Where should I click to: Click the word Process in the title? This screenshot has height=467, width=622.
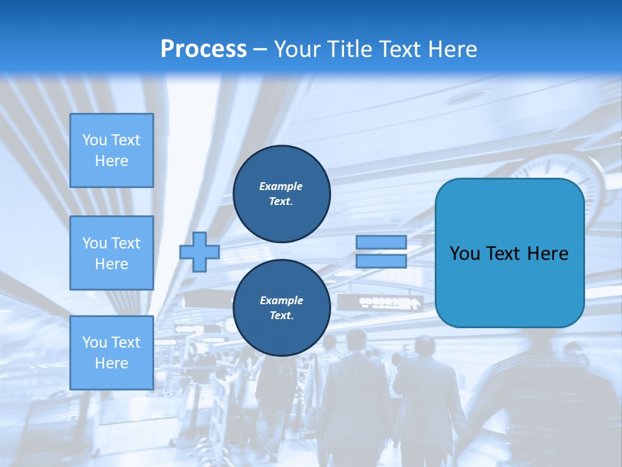(x=203, y=49)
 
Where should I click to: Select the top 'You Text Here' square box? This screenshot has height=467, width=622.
(x=111, y=150)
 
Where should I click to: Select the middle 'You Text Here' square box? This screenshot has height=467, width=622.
(x=111, y=253)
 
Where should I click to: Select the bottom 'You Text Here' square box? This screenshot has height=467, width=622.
(x=111, y=353)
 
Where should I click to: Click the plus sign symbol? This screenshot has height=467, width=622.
(x=200, y=252)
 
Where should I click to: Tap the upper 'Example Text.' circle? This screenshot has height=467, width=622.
(x=282, y=194)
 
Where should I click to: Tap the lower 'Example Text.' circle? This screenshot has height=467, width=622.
(x=282, y=308)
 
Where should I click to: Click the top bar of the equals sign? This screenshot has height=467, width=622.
(x=381, y=243)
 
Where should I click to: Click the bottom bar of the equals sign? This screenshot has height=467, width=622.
(x=381, y=261)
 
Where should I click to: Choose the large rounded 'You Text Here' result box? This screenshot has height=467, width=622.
(x=509, y=253)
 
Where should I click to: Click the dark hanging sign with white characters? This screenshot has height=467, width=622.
(x=389, y=302)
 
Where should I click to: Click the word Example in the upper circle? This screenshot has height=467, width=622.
(x=281, y=186)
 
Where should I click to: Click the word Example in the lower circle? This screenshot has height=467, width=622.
(x=281, y=300)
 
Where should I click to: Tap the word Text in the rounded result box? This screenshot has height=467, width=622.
(x=503, y=254)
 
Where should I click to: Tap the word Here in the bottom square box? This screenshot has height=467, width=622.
(x=111, y=363)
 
